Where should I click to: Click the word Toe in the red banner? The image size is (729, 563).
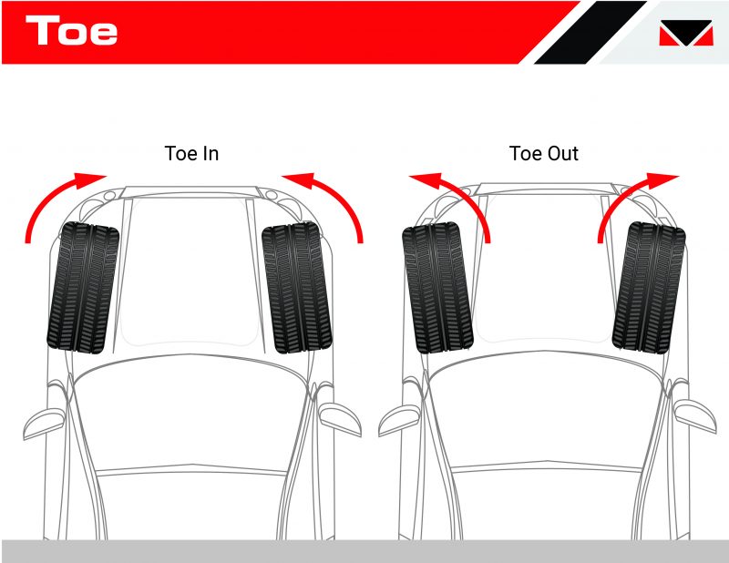(72, 31)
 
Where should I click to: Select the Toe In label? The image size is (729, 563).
(191, 153)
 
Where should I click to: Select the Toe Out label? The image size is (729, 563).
(544, 153)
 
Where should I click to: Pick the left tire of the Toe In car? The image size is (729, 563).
(82, 287)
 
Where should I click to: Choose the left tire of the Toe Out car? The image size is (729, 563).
(437, 287)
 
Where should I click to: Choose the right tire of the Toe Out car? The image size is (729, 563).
(649, 287)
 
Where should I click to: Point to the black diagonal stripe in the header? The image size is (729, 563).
(583, 33)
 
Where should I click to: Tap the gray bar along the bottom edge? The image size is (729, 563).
(364, 550)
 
